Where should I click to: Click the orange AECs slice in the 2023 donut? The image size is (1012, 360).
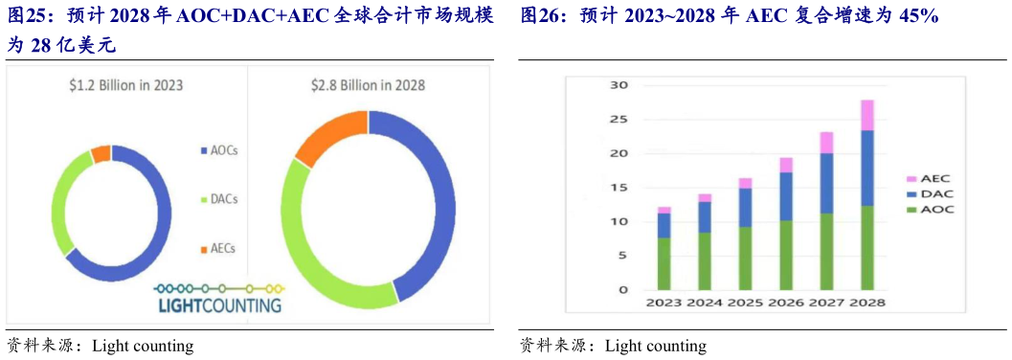pos(101,154)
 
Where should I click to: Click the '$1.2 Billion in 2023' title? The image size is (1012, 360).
pos(126,85)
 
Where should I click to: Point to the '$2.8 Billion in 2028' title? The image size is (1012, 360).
pos(368,85)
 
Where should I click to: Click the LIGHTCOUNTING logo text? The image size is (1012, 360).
pos(219,305)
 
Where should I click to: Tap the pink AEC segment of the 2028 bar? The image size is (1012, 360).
pos(866,115)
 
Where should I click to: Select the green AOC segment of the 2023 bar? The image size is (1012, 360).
pos(663,263)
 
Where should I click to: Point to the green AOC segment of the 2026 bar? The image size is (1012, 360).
pos(785,255)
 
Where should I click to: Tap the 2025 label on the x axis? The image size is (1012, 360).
pos(745,303)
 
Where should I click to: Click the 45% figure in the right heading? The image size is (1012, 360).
pos(917,17)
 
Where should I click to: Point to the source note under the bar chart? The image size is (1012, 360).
pos(613,346)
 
